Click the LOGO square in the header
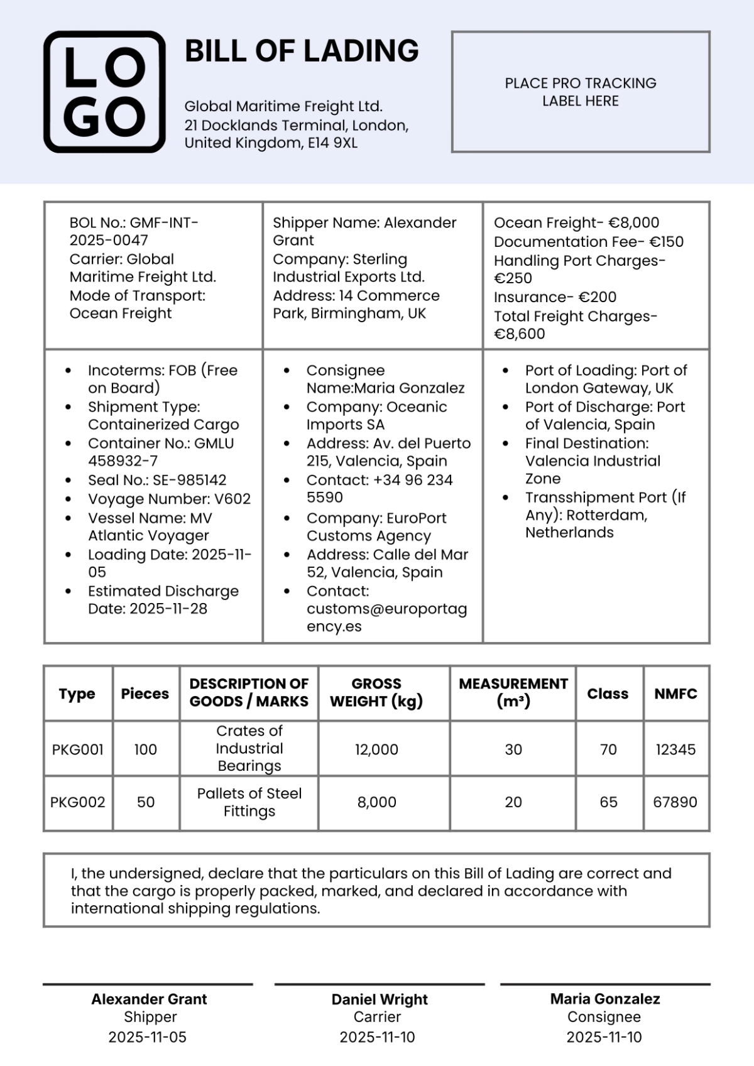104,92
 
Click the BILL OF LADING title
302,51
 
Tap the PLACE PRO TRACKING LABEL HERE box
581,92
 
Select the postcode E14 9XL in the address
332,143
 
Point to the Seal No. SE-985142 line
157,480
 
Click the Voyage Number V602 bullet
169,499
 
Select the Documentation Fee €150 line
588,242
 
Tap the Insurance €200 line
555,297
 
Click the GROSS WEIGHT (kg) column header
376,692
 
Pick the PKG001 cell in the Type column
78,749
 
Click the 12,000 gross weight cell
376,749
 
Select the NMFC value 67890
675,802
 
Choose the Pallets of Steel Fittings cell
249,802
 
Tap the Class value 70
608,749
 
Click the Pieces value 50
146,802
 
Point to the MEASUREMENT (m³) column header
513,692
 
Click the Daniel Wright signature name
380,999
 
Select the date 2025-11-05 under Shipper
148,1037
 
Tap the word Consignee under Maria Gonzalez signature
604,1017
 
